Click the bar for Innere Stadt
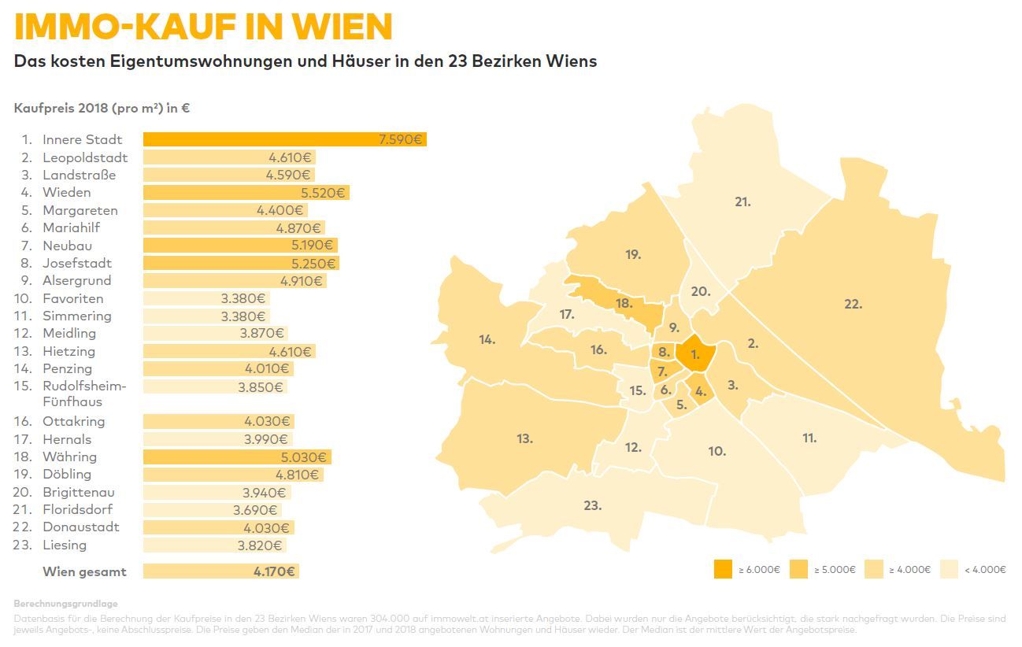click(283, 140)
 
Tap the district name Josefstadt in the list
click(77, 263)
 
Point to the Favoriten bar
click(206, 299)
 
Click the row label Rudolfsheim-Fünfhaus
click(83, 394)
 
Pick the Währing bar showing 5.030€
click(236, 457)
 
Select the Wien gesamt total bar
click(220, 571)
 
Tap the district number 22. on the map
click(853, 304)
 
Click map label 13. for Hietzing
click(525, 439)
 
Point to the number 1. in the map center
click(695, 355)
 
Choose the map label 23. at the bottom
click(592, 505)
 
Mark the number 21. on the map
click(742, 202)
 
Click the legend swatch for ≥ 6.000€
click(723, 569)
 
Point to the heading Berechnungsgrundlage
click(65, 604)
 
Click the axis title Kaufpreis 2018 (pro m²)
click(102, 109)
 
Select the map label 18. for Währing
click(624, 303)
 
